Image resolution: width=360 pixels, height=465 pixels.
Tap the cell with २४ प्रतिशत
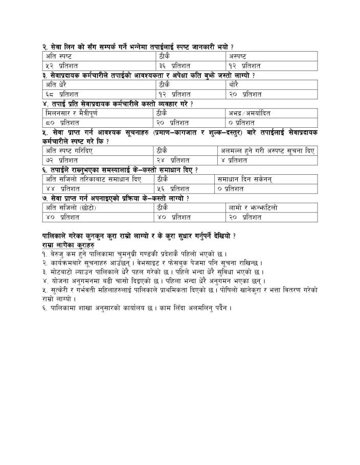point(186,160)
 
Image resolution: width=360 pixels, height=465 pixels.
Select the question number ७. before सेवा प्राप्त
point(45,198)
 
